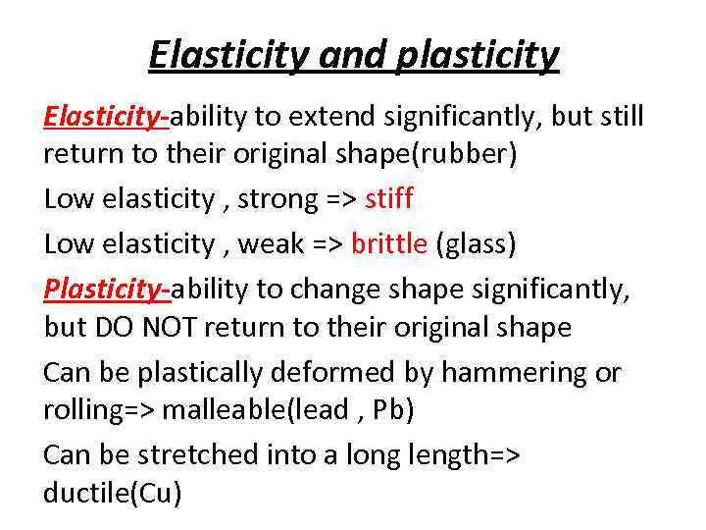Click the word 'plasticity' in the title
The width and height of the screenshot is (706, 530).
(478, 56)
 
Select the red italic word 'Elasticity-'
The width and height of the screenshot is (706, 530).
(106, 118)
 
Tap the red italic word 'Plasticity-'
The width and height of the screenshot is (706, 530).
(106, 290)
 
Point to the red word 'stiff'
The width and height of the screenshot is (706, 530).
(389, 199)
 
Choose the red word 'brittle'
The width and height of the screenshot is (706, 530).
(389, 243)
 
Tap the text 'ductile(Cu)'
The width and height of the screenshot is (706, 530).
(113, 494)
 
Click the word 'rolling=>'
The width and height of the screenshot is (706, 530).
(98, 410)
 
